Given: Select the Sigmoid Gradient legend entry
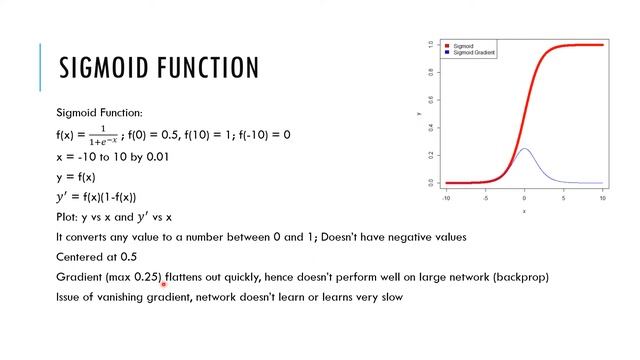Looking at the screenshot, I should pyautogui.click(x=475, y=53).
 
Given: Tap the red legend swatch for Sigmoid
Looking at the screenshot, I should pyautogui.click(x=446, y=46).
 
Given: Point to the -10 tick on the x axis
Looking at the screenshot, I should pyautogui.click(x=446, y=198).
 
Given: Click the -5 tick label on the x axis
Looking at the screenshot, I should pyautogui.click(x=486, y=198).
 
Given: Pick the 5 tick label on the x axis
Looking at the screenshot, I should pyautogui.click(x=563, y=198).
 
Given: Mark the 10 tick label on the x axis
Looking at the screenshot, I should pyautogui.click(x=602, y=198).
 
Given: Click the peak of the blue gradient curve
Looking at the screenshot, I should pyautogui.click(x=524, y=150).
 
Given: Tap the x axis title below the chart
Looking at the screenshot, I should pyautogui.click(x=524, y=211).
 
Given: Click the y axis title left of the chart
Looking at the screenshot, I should pyautogui.click(x=419, y=115).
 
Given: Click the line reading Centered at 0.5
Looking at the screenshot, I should pyautogui.click(x=97, y=257).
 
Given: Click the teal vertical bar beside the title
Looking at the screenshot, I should pyautogui.click(x=42, y=67).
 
